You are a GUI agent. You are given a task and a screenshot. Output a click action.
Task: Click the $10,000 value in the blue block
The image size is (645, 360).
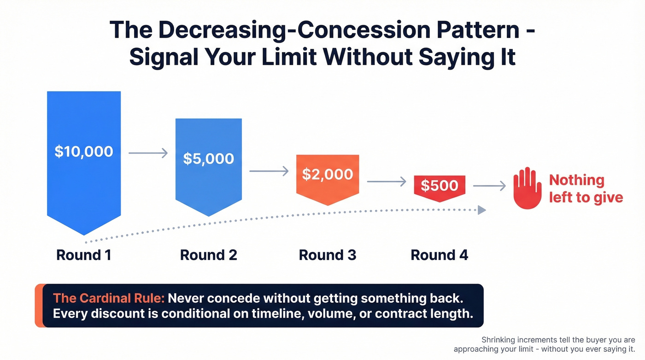[x=84, y=151]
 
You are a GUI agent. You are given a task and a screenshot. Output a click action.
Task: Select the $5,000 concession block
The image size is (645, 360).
[x=208, y=159]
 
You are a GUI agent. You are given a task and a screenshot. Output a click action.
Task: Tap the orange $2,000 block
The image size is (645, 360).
[x=328, y=175]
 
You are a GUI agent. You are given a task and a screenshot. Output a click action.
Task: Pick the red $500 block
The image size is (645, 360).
[x=440, y=186]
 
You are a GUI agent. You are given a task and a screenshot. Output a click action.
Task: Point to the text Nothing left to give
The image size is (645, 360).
[x=585, y=189]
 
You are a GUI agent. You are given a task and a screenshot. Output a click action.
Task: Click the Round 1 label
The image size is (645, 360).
[x=84, y=255]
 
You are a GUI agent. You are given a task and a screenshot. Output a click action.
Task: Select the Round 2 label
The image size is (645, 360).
[x=208, y=255]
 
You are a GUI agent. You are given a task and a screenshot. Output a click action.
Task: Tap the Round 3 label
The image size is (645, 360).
[x=328, y=255]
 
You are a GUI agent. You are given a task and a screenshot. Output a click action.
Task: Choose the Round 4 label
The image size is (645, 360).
[x=440, y=255]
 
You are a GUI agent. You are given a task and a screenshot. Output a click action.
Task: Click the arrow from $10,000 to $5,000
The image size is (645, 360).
[x=148, y=153]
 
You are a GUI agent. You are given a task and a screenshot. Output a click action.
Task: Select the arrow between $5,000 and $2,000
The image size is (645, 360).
[x=269, y=171]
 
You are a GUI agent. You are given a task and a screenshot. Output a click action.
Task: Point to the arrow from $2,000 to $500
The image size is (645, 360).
[x=386, y=182]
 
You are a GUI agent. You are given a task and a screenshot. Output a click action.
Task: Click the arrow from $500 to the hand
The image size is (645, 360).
[x=489, y=186]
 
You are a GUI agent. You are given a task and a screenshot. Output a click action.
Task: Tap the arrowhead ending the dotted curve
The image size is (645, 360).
[x=481, y=210]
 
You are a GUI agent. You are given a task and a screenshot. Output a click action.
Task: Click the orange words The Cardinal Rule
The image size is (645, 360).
[x=109, y=298]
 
